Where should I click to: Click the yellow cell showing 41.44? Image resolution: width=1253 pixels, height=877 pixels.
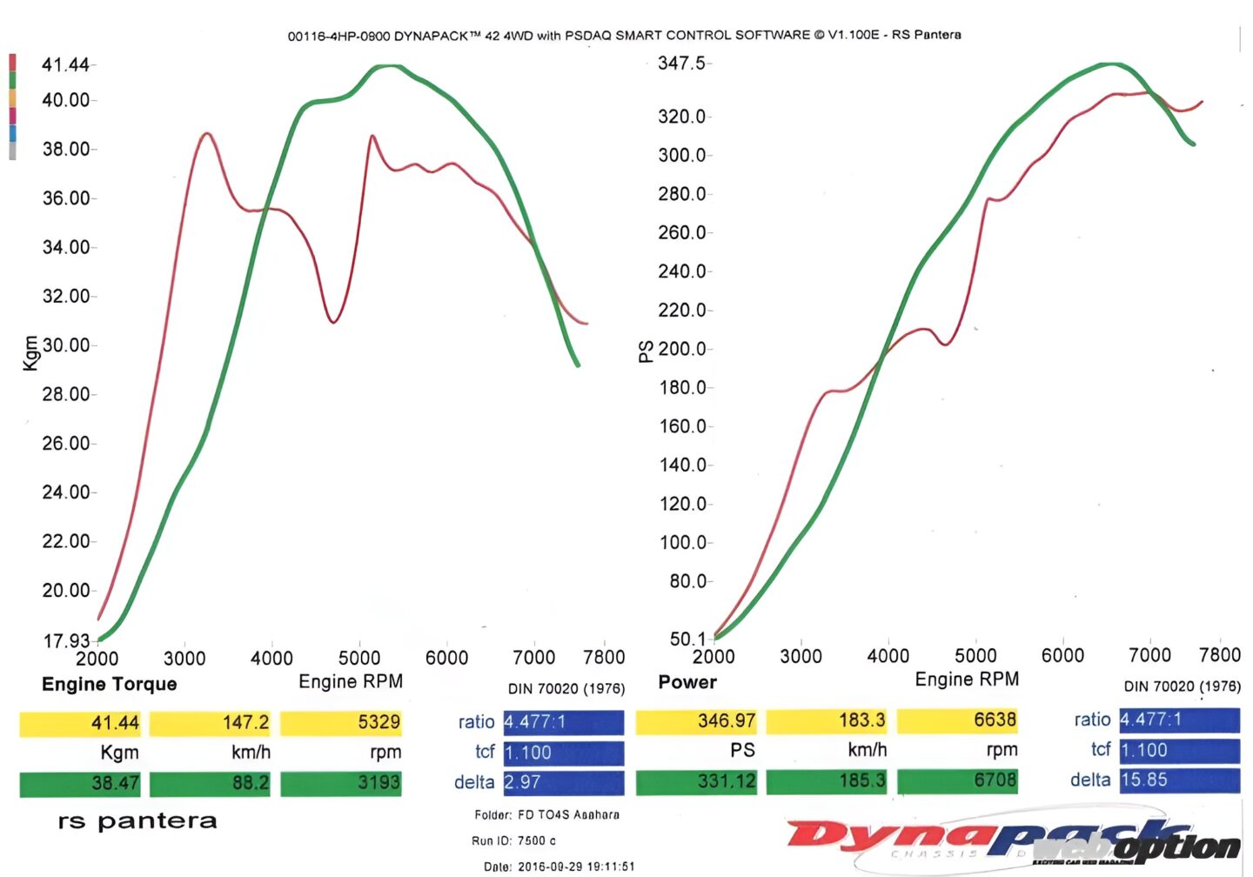pyautogui.click(x=80, y=723)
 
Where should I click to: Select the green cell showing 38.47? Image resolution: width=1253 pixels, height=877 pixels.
pyautogui.click(x=80, y=783)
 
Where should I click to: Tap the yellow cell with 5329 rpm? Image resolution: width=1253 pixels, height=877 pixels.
pyautogui.click(x=341, y=723)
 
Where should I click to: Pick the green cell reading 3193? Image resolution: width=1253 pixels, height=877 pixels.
pyautogui.click(x=341, y=783)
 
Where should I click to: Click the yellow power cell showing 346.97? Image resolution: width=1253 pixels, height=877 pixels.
pyautogui.click(x=696, y=721)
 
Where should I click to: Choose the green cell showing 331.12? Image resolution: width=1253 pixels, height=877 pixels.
pyautogui.click(x=696, y=781)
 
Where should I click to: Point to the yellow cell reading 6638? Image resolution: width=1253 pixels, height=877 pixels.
pyautogui.click(x=957, y=721)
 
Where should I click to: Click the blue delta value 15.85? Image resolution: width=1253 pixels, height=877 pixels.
pyautogui.click(x=1179, y=780)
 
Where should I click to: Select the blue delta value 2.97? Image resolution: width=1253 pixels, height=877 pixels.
pyautogui.click(x=563, y=782)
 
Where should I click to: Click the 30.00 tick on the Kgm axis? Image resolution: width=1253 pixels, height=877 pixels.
pyautogui.click(x=66, y=345)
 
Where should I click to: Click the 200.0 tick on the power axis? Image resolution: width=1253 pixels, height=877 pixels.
pyautogui.click(x=682, y=349)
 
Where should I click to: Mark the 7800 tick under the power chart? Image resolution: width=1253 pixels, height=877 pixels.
pyautogui.click(x=1219, y=655)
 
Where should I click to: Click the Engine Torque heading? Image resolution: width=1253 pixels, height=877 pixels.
pyautogui.click(x=110, y=685)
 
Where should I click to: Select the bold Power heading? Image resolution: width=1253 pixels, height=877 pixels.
pyautogui.click(x=687, y=682)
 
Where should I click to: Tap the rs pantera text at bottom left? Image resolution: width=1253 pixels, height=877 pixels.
pyautogui.click(x=137, y=821)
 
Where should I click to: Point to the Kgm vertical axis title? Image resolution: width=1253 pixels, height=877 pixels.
pyautogui.click(x=30, y=353)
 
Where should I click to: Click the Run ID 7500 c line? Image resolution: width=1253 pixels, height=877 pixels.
pyautogui.click(x=513, y=840)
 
